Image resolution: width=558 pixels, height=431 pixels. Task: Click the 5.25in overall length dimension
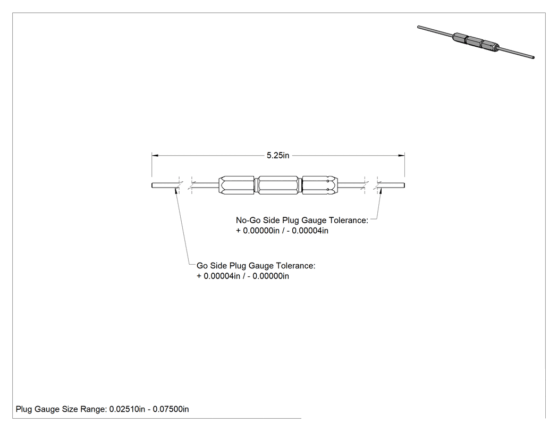(x=278, y=156)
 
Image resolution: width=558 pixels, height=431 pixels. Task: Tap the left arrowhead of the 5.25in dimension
(x=155, y=155)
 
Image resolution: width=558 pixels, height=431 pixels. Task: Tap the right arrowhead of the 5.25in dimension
(x=401, y=155)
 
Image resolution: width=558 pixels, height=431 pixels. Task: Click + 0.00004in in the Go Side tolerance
(x=218, y=276)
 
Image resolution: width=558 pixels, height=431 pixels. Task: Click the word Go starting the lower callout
(x=202, y=266)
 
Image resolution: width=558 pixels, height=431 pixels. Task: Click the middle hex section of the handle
(x=278, y=185)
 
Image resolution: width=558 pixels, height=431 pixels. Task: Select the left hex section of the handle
(x=236, y=185)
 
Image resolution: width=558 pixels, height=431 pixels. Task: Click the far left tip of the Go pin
(x=152, y=185)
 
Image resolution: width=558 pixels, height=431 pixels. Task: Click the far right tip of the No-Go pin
(x=404, y=185)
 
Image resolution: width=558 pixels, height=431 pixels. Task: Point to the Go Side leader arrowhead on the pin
(x=176, y=190)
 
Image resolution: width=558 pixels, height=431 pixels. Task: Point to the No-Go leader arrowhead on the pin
(x=381, y=190)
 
